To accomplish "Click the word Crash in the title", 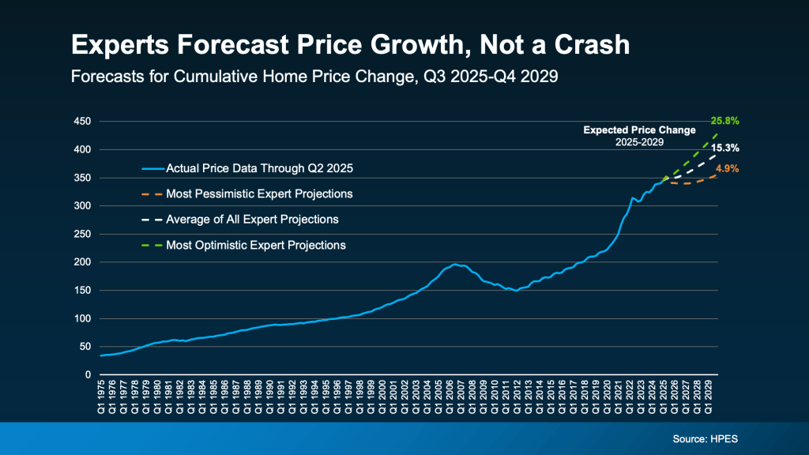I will (586, 45).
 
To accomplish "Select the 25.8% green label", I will (724, 121).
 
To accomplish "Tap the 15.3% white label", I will (724, 148).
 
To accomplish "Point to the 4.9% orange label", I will (727, 168).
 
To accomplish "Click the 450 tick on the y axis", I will (83, 122).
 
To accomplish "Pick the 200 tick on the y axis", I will (83, 262).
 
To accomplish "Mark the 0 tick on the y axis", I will (88, 374).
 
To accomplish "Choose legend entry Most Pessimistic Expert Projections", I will (259, 194).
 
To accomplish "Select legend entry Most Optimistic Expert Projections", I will (255, 245).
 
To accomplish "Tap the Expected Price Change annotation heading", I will (639, 130).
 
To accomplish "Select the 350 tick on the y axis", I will (83, 178).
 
